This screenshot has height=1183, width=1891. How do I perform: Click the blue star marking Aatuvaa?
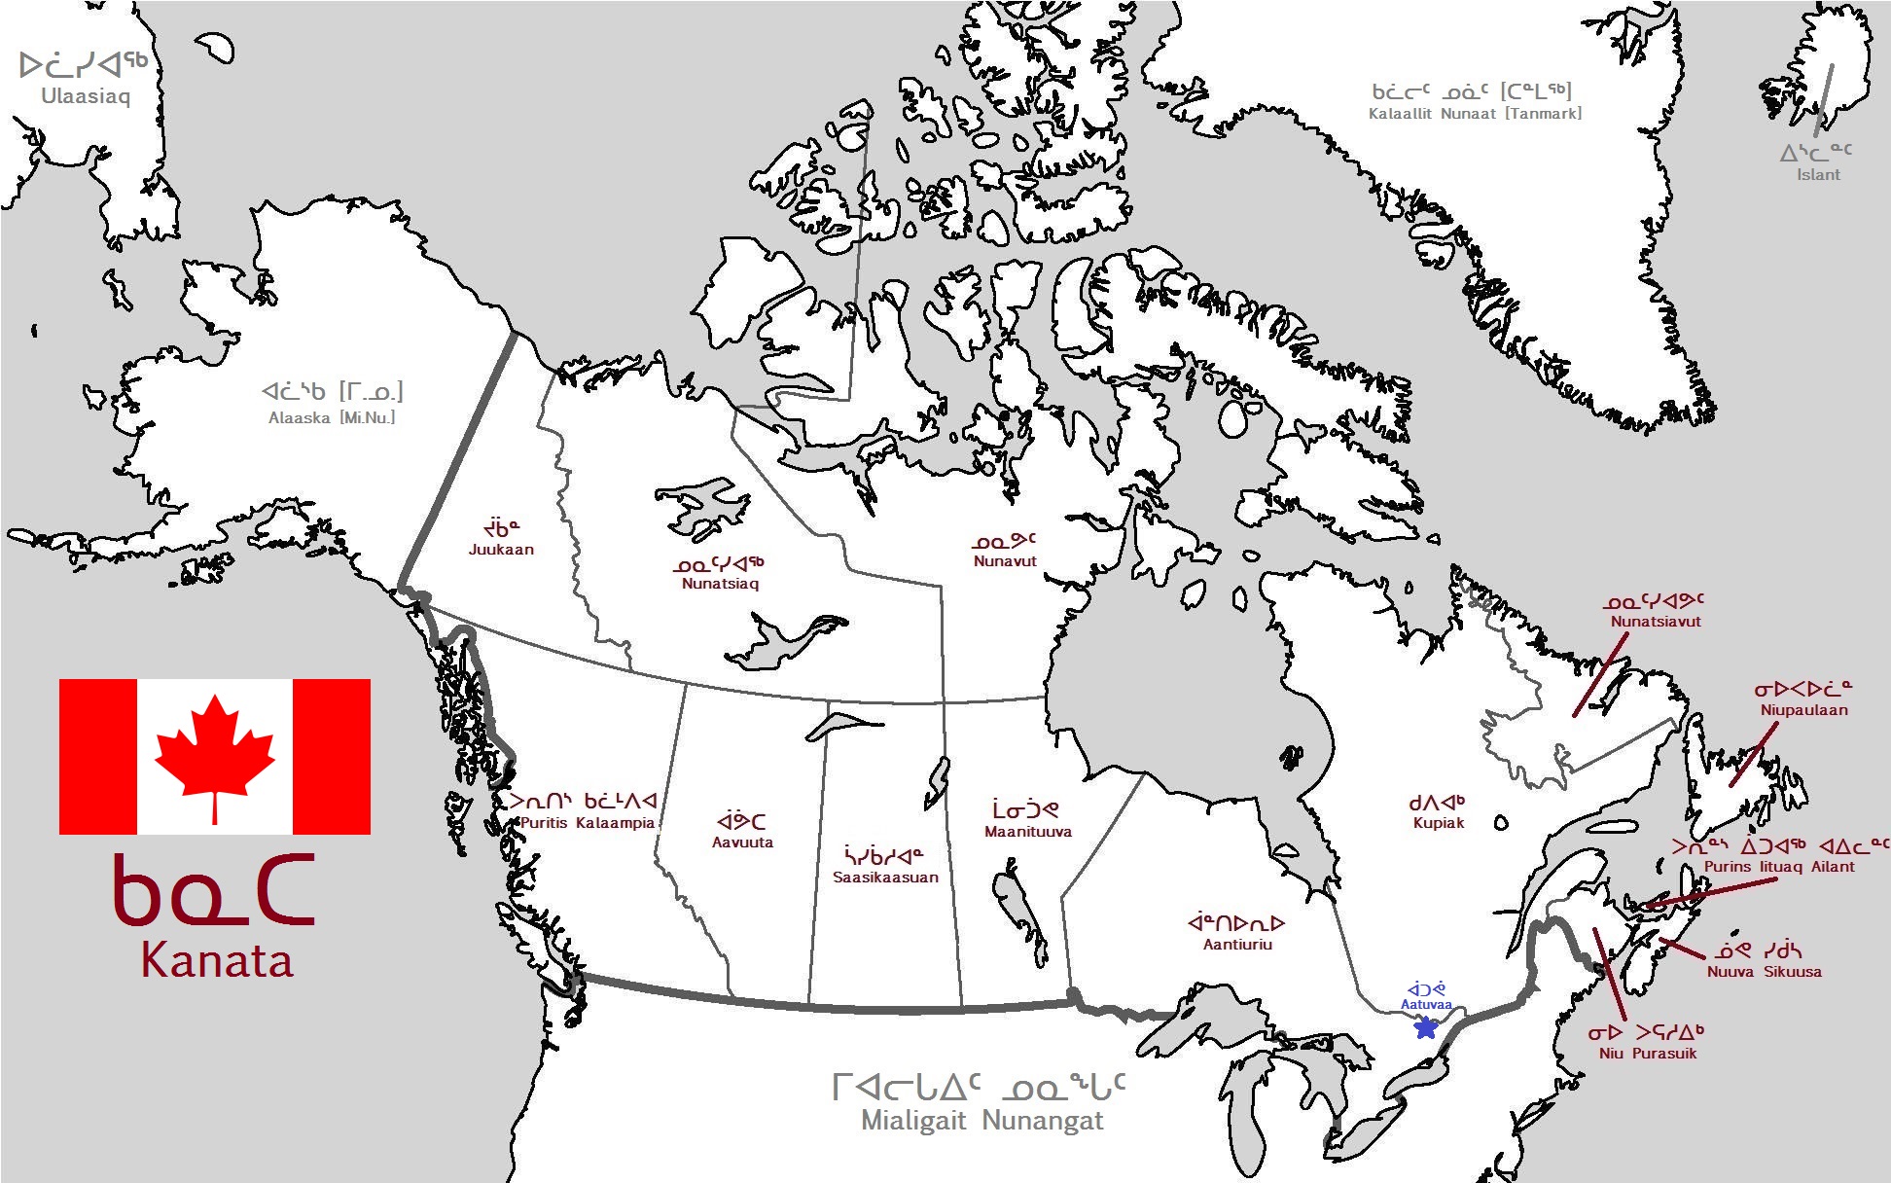1426,1026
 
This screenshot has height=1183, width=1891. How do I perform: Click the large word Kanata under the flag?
216,960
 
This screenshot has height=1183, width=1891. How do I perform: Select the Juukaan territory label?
501,549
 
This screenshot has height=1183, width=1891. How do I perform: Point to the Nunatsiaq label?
720,584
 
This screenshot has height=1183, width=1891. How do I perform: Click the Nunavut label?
1005,560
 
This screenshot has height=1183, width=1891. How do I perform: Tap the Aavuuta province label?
742,842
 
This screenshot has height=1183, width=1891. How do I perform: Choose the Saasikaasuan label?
885,877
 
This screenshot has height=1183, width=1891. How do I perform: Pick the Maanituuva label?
1027,832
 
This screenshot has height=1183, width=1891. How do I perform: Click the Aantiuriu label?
1237,944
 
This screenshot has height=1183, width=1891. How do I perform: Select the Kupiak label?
1438,823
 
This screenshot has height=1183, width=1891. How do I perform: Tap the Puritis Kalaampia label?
587,823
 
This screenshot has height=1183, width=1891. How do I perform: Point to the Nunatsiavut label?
1656,622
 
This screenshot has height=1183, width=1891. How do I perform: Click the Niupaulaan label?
1803,710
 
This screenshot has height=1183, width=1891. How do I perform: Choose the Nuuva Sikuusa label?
1764,971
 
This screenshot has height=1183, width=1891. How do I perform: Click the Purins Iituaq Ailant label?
1779,867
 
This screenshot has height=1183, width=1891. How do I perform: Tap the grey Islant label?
1818,175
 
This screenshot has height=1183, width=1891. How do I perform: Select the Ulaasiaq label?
86,96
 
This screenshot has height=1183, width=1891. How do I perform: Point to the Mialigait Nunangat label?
981,1121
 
